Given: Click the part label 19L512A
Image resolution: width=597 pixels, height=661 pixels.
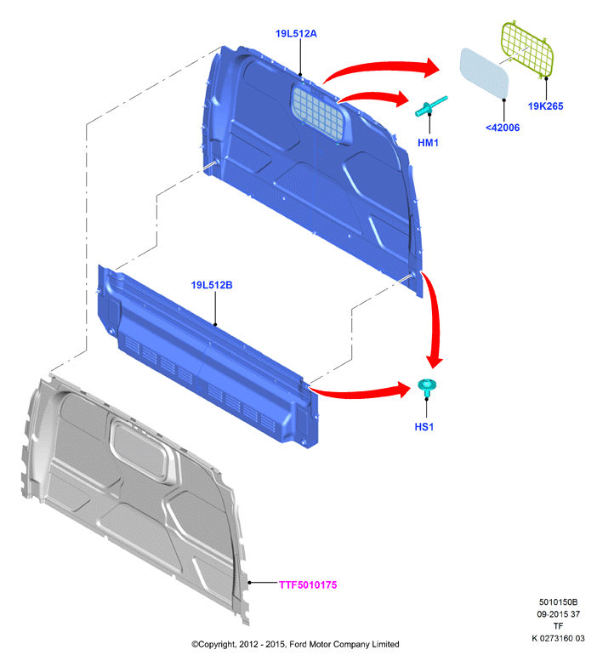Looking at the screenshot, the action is (296, 34).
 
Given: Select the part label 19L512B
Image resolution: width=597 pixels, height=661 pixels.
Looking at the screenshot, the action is (212, 285).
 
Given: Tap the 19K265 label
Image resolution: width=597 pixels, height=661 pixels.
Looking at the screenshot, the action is (546, 106).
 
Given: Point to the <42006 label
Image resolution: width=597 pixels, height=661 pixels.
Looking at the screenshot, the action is (503, 128).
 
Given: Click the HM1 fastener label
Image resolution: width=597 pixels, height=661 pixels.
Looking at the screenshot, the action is (428, 143).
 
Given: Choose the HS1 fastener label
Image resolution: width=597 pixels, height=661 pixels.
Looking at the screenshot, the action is (424, 427).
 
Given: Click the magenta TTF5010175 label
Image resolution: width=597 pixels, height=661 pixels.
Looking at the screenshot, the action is (308, 585).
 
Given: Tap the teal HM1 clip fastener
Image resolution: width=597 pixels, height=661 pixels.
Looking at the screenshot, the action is (430, 105).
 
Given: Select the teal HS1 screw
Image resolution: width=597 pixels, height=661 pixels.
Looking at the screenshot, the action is (426, 386).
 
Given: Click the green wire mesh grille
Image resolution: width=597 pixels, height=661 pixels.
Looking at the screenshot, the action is (526, 48).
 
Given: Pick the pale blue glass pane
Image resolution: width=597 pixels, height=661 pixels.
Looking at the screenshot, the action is (485, 72).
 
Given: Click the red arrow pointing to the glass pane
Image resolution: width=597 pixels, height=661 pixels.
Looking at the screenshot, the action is (379, 66).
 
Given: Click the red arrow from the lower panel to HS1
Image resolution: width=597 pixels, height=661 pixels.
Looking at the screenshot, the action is (358, 393).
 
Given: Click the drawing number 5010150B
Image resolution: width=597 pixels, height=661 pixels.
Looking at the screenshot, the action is (558, 602).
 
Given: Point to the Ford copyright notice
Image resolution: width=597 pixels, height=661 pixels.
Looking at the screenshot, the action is (295, 644).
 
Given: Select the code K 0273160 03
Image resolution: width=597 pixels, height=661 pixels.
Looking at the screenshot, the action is (558, 638).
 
